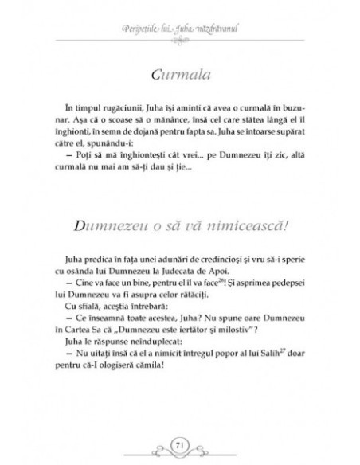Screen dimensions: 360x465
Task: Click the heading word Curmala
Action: click(x=180, y=75)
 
